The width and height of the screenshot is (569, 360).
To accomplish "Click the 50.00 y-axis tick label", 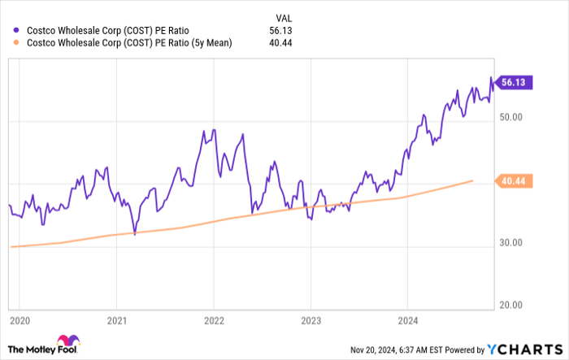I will pyautogui.click(x=517, y=117).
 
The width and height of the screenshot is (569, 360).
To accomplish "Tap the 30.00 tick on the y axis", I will pyautogui.click(x=517, y=243).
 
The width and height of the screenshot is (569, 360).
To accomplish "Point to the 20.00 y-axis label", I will pyautogui.click(x=517, y=306).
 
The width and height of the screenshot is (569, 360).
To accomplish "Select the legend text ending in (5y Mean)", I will pyautogui.click(x=129, y=42).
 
